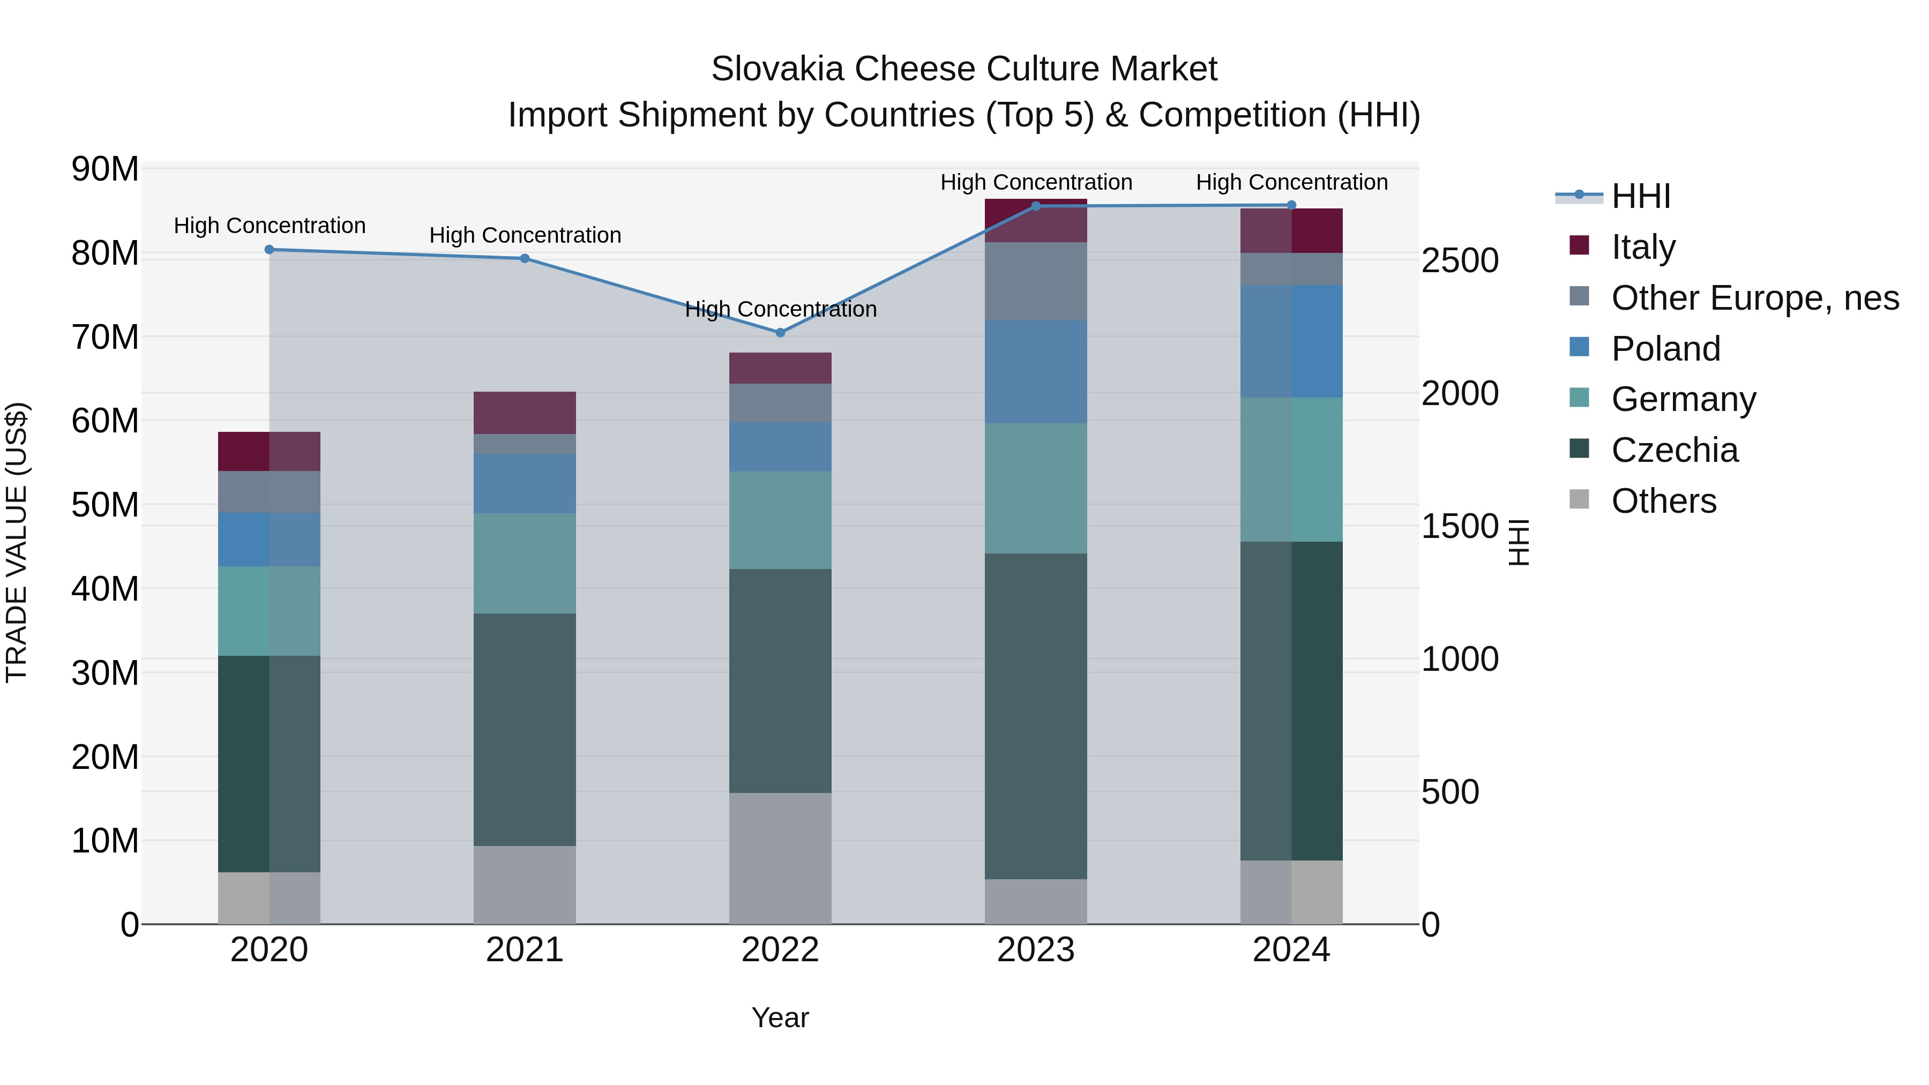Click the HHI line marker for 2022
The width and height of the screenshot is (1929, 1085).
coord(780,332)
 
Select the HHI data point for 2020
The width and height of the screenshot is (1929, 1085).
coord(269,249)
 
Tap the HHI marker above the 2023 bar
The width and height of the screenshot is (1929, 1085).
coord(1036,206)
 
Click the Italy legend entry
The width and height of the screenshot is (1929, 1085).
coord(1643,247)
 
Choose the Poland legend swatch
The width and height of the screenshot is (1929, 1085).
coord(1579,347)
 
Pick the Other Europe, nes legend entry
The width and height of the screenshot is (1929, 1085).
coord(1754,298)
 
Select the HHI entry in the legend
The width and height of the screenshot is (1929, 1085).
coord(1640,196)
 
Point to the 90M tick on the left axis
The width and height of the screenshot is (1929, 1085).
coord(105,169)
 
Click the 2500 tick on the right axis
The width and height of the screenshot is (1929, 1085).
coord(1460,260)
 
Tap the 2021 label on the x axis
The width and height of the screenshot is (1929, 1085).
coord(524,950)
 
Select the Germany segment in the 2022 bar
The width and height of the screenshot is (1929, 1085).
coord(780,520)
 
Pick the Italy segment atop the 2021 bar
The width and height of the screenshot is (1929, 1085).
coord(524,413)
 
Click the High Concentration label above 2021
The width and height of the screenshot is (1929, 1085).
coord(525,235)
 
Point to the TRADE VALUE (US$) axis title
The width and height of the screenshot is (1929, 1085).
coord(17,542)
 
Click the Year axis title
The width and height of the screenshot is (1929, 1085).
coord(780,1017)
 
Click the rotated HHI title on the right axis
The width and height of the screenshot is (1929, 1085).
coord(1518,542)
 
